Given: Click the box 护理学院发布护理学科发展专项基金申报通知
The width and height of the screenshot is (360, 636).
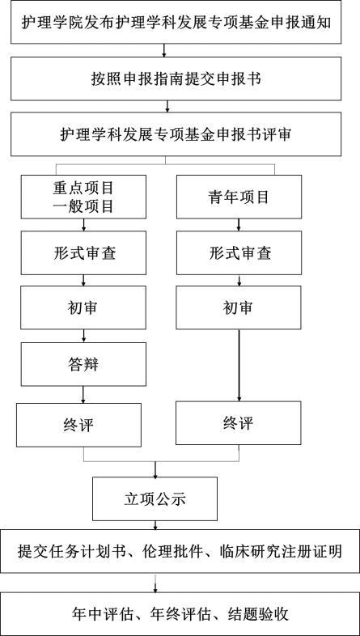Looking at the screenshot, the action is pos(176,22).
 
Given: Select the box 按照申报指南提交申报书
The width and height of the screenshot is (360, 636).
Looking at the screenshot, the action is pos(176,78).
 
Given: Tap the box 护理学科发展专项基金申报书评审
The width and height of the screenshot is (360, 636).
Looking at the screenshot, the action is pos(176,134).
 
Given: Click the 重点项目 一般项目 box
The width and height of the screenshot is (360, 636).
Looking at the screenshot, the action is pos(83,197).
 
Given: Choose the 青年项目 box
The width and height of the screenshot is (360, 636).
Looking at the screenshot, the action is pos(239,197).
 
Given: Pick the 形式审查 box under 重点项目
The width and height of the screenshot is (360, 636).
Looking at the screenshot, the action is pos(83,252).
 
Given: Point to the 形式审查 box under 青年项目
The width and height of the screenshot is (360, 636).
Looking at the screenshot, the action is pos(239,252).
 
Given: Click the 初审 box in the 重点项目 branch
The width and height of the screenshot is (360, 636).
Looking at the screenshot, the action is pos(83,307).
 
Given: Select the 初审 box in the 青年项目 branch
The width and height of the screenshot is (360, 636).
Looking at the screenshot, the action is pos(239,307).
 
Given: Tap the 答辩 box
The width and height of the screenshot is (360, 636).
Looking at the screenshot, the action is pos(83,364).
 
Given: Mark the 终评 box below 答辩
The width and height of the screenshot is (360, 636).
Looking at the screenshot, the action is pos(79,425).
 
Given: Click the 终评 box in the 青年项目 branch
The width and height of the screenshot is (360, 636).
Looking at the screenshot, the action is pos(239,423).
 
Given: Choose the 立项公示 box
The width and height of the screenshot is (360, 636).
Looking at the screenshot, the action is pos(155,499).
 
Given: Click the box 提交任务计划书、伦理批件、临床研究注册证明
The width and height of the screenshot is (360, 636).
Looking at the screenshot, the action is pos(180,551).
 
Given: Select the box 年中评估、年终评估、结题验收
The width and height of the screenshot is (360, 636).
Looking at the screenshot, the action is pos(180,614).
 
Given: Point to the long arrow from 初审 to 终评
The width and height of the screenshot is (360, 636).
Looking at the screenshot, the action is pos(239,365).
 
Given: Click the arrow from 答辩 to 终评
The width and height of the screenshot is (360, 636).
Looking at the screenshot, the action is pos(83,395).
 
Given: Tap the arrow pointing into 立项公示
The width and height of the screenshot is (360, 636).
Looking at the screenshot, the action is pos(155,469).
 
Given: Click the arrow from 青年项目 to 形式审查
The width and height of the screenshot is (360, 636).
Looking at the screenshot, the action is pos(239,225).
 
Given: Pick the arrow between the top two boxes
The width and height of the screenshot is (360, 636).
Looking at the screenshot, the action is pos(164,50).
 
